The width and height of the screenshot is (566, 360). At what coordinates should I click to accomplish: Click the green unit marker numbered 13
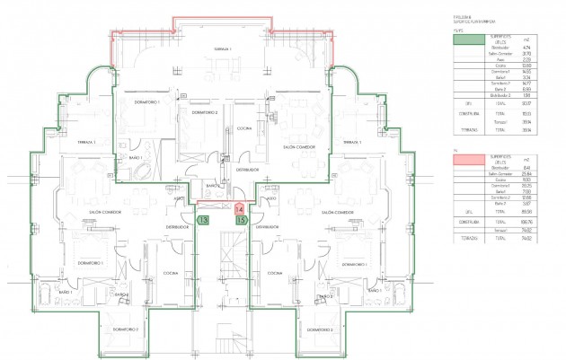pyautogui.click(x=204, y=218)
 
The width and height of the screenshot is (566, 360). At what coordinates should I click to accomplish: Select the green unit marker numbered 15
pyautogui.click(x=241, y=218)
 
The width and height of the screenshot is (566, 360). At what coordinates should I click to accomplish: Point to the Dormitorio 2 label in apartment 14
pyautogui.click(x=205, y=113)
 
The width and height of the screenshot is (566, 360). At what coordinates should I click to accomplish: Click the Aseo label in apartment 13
pyautogui.click(x=181, y=198)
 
